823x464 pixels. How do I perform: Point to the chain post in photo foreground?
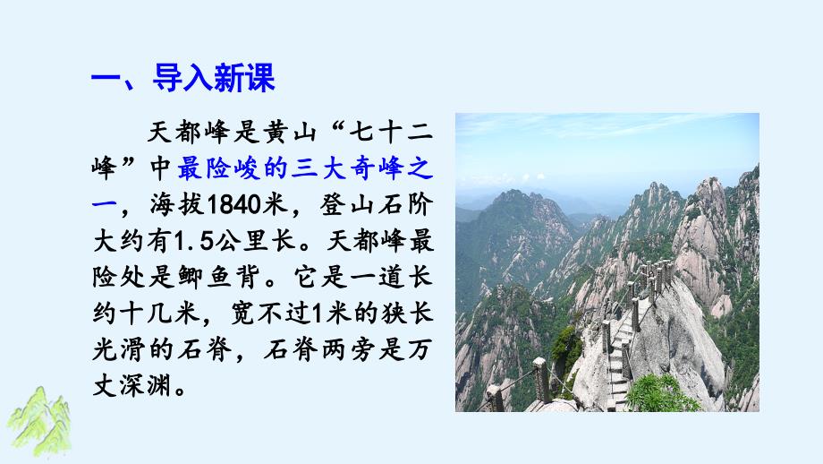[539, 380]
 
